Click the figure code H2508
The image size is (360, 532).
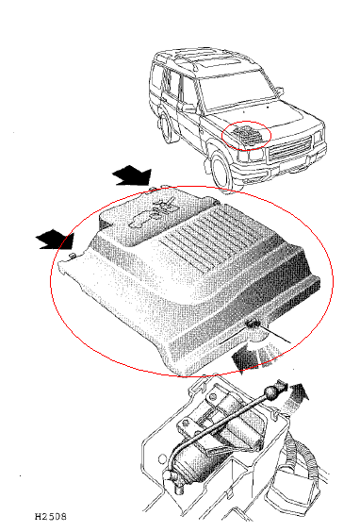click(51, 516)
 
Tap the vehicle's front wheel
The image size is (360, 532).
click(221, 169)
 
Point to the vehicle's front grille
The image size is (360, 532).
click(290, 149)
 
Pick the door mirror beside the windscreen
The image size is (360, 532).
click(279, 91)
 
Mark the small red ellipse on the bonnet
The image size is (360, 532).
click(246, 135)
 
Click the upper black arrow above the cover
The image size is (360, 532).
click(132, 175)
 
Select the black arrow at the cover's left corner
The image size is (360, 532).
click(55, 240)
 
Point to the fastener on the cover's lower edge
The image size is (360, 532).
click(253, 324)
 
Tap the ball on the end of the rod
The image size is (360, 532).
click(270, 393)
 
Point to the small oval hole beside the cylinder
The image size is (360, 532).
click(162, 459)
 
